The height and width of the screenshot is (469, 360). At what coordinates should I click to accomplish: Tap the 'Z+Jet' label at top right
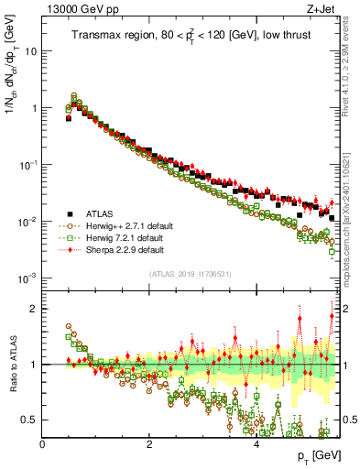coord(322,9)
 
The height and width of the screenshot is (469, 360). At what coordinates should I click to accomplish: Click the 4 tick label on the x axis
coord(256,444)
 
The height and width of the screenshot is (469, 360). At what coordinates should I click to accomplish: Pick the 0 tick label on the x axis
coord(42,444)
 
